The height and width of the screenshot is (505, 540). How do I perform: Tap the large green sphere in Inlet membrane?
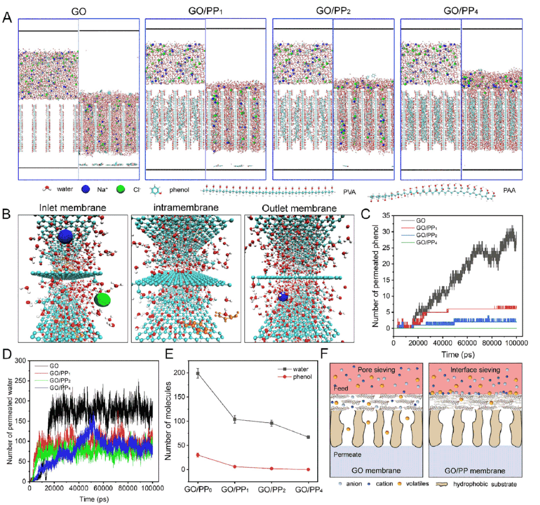[102, 300]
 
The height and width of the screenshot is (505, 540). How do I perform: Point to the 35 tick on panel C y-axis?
[387, 215]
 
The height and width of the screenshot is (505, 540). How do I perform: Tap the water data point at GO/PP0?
[198, 373]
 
